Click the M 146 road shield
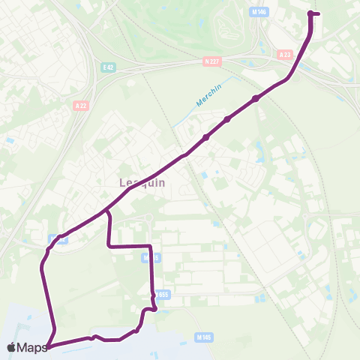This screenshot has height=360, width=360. click(x=259, y=12)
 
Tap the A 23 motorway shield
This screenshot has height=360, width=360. click(x=284, y=55)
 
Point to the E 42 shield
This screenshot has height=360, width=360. click(x=109, y=67)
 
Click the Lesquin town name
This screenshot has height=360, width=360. click(x=142, y=182)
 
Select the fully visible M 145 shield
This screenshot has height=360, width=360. click(x=203, y=338)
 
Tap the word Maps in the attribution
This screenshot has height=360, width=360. click(x=33, y=347)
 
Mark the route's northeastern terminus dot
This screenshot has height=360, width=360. click(x=310, y=13)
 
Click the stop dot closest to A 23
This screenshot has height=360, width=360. click(x=256, y=98)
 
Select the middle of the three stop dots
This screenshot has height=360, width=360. click(x=227, y=118)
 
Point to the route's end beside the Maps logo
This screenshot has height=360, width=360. click(x=47, y=346)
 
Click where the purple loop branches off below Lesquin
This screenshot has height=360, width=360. click(x=107, y=212)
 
